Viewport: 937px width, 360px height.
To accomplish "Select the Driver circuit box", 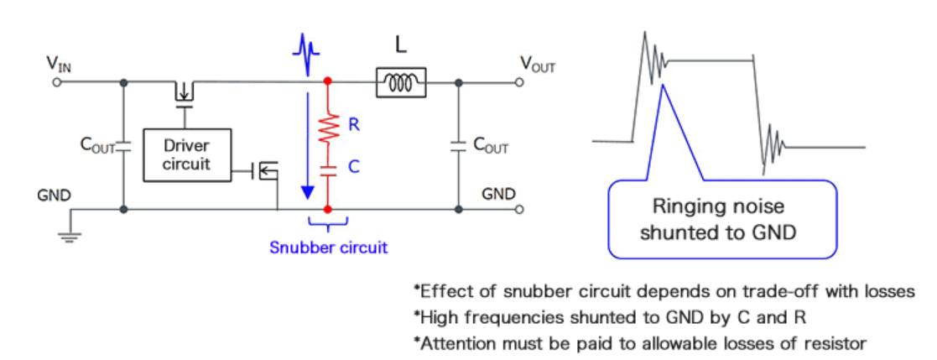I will [185, 154].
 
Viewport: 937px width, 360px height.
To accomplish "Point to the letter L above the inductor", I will [401, 47].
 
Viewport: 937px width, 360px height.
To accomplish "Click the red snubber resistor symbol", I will [328, 128].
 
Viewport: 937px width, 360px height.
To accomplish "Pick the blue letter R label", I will [354, 128].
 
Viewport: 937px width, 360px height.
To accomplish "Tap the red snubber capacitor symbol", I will [328, 168].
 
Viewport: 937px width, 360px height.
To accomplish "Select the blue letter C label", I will [354, 168].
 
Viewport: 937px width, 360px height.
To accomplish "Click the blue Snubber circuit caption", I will [328, 248].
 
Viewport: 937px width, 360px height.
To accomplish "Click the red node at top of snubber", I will [328, 82].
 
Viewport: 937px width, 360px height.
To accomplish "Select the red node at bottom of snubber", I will [328, 208].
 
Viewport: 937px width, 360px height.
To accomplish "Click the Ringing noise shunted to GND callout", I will [722, 219].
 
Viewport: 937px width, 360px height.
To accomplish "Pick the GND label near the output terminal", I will [499, 194].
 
